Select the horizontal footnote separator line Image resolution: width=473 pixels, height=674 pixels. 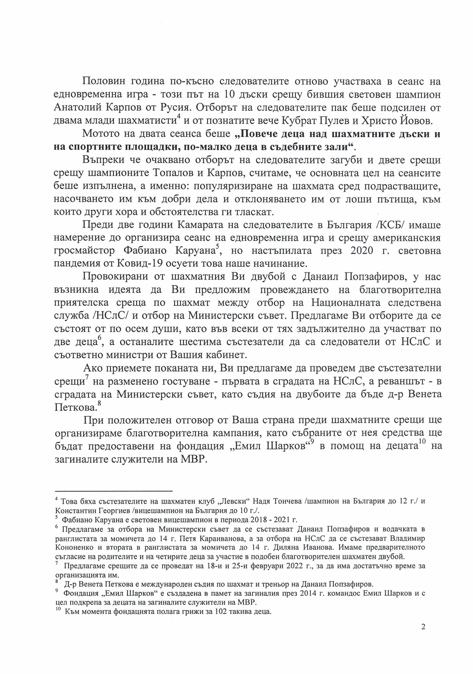pos(114,491)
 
